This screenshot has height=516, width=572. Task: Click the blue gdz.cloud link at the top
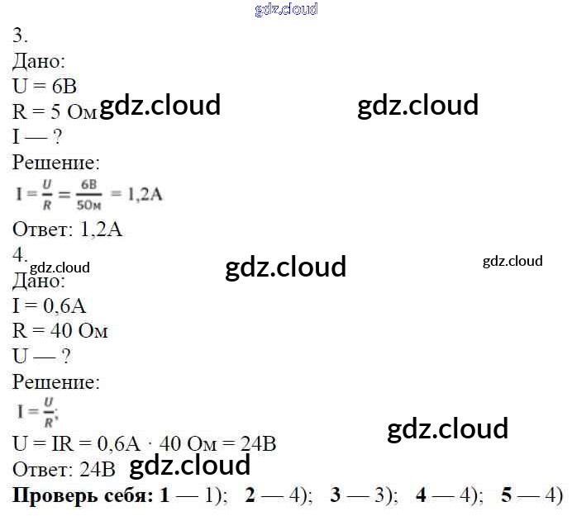[x=286, y=10]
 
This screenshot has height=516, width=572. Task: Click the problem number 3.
[x=21, y=36]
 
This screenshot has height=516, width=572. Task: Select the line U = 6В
[x=45, y=87]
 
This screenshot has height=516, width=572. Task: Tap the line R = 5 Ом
[x=55, y=112]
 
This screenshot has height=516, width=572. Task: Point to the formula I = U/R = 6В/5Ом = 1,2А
[x=89, y=195]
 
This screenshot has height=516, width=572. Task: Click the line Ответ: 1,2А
[x=68, y=230]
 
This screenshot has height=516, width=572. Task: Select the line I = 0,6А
[x=50, y=306]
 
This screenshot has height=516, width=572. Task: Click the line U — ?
[x=41, y=357]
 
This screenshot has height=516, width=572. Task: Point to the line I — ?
[x=38, y=137]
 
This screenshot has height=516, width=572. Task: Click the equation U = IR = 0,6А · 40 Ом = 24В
[x=145, y=444]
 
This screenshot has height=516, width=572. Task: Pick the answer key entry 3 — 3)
[x=364, y=496]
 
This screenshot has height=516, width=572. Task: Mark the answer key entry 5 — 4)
[x=531, y=496]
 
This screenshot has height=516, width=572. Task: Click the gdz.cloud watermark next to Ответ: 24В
[x=190, y=466]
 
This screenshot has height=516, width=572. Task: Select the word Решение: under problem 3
[x=56, y=163]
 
